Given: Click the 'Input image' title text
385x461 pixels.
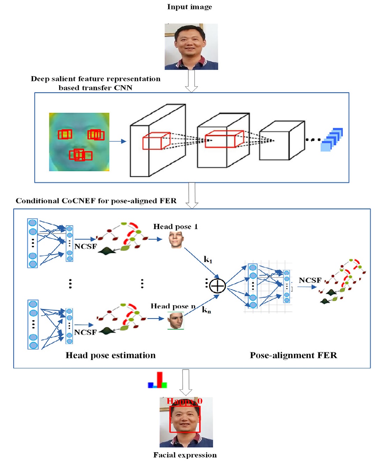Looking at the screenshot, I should pos(189,7).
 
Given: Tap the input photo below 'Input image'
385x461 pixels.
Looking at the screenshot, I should pos(191,46).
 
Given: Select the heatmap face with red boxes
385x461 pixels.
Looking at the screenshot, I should pos(79,142).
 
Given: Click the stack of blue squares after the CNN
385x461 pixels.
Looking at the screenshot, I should pos(332,140).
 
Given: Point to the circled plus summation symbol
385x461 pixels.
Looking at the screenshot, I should pos(217,286).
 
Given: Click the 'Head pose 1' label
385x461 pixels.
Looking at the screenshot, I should pos(175,227).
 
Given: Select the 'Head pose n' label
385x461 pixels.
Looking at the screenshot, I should pos(173,306).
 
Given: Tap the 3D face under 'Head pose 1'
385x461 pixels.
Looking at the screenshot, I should pos(176,240).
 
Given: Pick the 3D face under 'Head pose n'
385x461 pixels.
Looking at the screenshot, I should pos(176,321).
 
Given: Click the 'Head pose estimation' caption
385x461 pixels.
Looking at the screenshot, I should pos(110,356).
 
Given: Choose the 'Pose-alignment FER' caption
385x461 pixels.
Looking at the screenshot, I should pos(293,356).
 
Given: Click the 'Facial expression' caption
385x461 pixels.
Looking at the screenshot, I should pos(185,455).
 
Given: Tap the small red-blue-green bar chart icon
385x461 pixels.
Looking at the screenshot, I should pos(158,381).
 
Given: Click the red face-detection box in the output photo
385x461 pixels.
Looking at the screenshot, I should pos(185,419).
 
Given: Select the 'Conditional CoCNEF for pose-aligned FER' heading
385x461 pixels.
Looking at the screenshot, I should pos(96,201).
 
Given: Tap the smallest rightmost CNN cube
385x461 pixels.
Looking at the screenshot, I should pos(282,141).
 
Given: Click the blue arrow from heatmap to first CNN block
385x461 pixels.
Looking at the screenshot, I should pos(117,141).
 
